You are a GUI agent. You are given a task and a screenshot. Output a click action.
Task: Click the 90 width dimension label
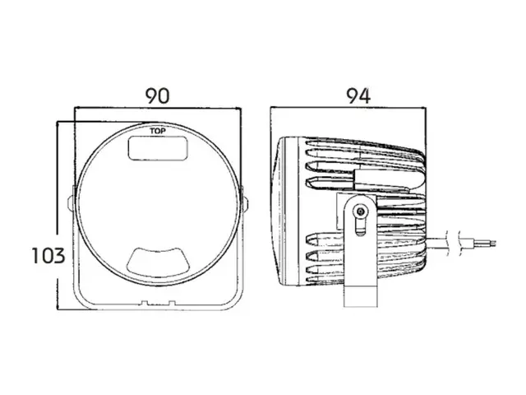(x=157, y=95)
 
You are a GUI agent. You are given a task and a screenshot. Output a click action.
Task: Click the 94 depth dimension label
(x=358, y=96)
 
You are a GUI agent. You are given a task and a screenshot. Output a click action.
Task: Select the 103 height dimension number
(x=48, y=255)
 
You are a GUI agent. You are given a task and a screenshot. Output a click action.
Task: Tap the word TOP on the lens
(x=158, y=131)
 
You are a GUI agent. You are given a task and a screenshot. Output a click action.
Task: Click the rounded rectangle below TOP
(x=158, y=148)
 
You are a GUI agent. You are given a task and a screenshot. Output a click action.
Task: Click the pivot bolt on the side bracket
(x=361, y=211)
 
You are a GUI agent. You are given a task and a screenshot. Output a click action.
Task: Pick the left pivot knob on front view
(x=71, y=203)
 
